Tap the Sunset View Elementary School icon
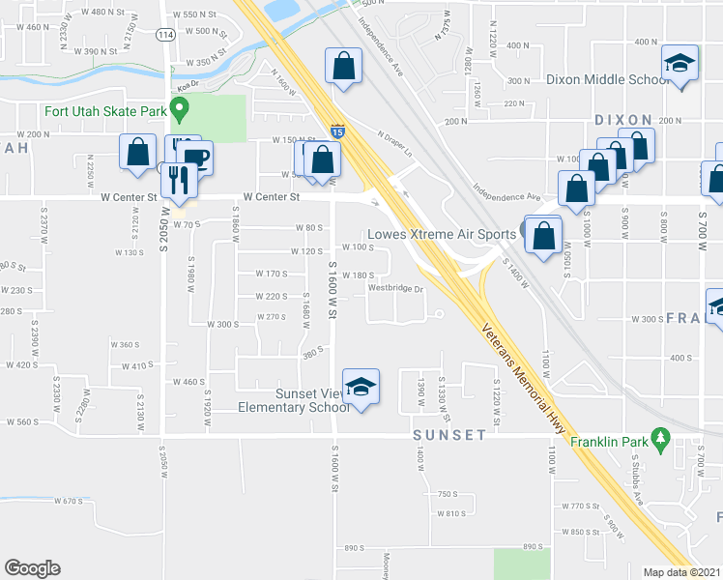click(361, 388)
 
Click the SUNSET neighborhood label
click(449, 435)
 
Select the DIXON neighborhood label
click(623, 120)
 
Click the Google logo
click(32, 567)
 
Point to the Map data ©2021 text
click(681, 572)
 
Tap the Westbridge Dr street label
click(395, 287)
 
